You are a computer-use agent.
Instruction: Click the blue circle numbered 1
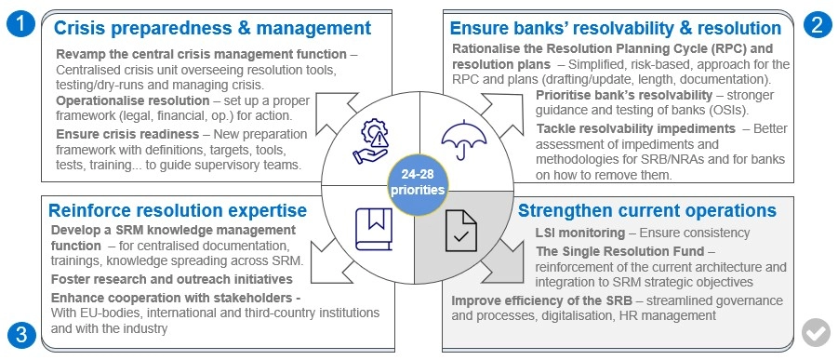20,25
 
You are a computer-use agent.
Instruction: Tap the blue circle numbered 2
818,26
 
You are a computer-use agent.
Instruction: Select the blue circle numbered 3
20,335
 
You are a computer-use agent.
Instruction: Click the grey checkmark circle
816,333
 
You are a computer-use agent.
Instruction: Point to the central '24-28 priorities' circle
417,183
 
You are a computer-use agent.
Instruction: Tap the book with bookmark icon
374,230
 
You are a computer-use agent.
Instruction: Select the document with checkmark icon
461,231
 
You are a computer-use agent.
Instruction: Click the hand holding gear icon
370,141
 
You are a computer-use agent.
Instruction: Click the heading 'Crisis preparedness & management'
212,27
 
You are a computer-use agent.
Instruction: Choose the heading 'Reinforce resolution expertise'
178,210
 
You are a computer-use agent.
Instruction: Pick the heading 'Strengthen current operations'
646,210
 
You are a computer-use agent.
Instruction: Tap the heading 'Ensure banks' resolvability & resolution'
616,27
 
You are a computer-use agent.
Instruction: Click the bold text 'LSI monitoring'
579,233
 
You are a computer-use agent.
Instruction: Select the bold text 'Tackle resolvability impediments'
636,128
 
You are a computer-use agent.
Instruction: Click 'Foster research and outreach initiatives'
171,279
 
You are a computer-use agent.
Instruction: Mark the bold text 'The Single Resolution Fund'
619,251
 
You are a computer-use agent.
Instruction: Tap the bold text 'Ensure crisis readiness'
127,134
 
